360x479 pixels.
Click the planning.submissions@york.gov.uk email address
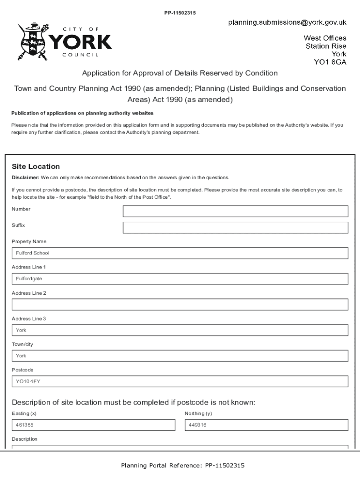287,22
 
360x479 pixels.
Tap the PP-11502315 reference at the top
180,13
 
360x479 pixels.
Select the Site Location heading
36,167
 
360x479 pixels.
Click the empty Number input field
235,211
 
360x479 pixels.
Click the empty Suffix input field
235,228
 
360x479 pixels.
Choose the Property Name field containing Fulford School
180,253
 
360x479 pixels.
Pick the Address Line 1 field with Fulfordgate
180,279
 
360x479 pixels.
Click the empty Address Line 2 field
180,305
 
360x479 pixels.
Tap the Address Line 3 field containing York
180,330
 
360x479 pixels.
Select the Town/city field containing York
180,356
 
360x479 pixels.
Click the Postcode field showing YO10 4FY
180,381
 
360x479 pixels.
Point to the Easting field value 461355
93,425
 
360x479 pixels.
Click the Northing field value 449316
266,425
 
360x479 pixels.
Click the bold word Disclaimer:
25,178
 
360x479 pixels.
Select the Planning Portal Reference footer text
182,465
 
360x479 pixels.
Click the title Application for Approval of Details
180,73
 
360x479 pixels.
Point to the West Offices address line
325,38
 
